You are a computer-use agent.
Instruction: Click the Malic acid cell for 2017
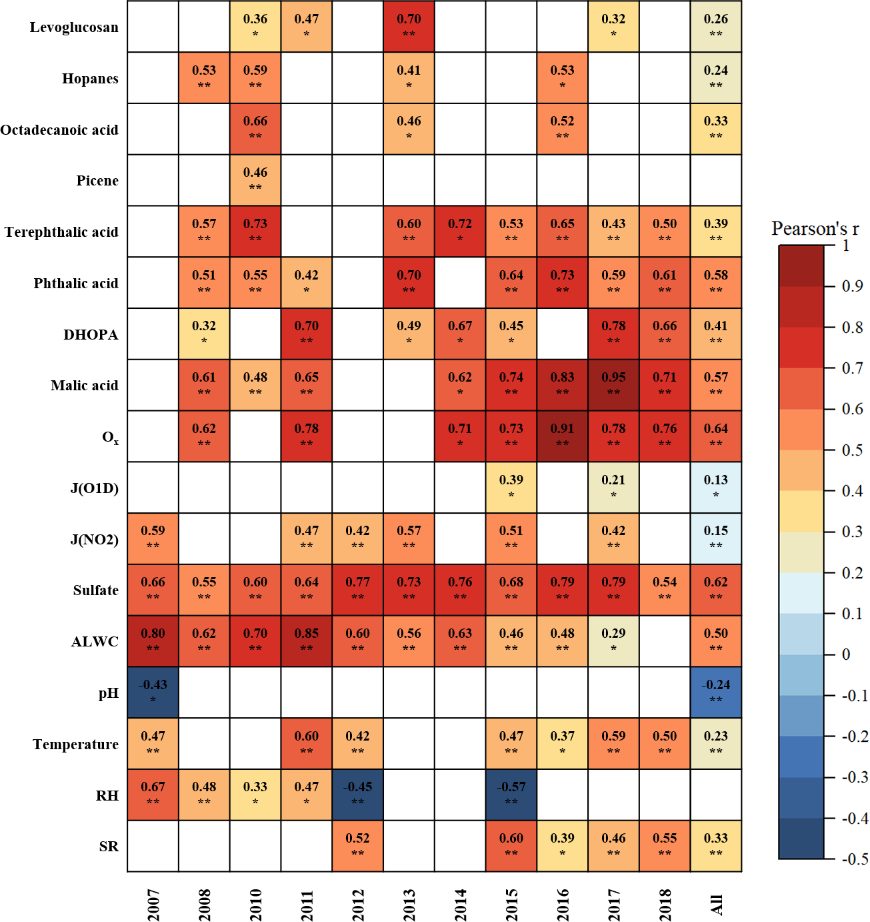point(613,385)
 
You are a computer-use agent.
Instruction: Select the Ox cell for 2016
point(562,436)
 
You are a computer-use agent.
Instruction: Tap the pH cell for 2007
point(153,693)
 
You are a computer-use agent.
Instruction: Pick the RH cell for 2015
point(511,795)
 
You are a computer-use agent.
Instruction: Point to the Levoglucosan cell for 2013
point(409,27)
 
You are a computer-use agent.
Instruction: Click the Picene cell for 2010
point(255,180)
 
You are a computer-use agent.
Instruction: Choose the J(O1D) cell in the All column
point(716,487)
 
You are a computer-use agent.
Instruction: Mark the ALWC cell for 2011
point(307,641)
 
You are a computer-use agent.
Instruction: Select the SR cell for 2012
point(357,846)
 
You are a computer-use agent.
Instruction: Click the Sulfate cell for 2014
point(460,590)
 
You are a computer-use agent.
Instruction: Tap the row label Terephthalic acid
point(61,232)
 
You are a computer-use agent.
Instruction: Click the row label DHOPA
point(91,334)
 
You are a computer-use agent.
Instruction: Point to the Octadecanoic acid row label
point(59,129)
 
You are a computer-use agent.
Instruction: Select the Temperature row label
point(75,744)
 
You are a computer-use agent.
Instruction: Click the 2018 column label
point(665,904)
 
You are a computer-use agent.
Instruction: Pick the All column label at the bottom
point(716,905)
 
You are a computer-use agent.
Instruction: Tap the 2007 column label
point(153,904)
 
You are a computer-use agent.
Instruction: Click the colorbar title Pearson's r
point(815,229)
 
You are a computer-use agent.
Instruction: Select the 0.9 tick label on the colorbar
point(853,286)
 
